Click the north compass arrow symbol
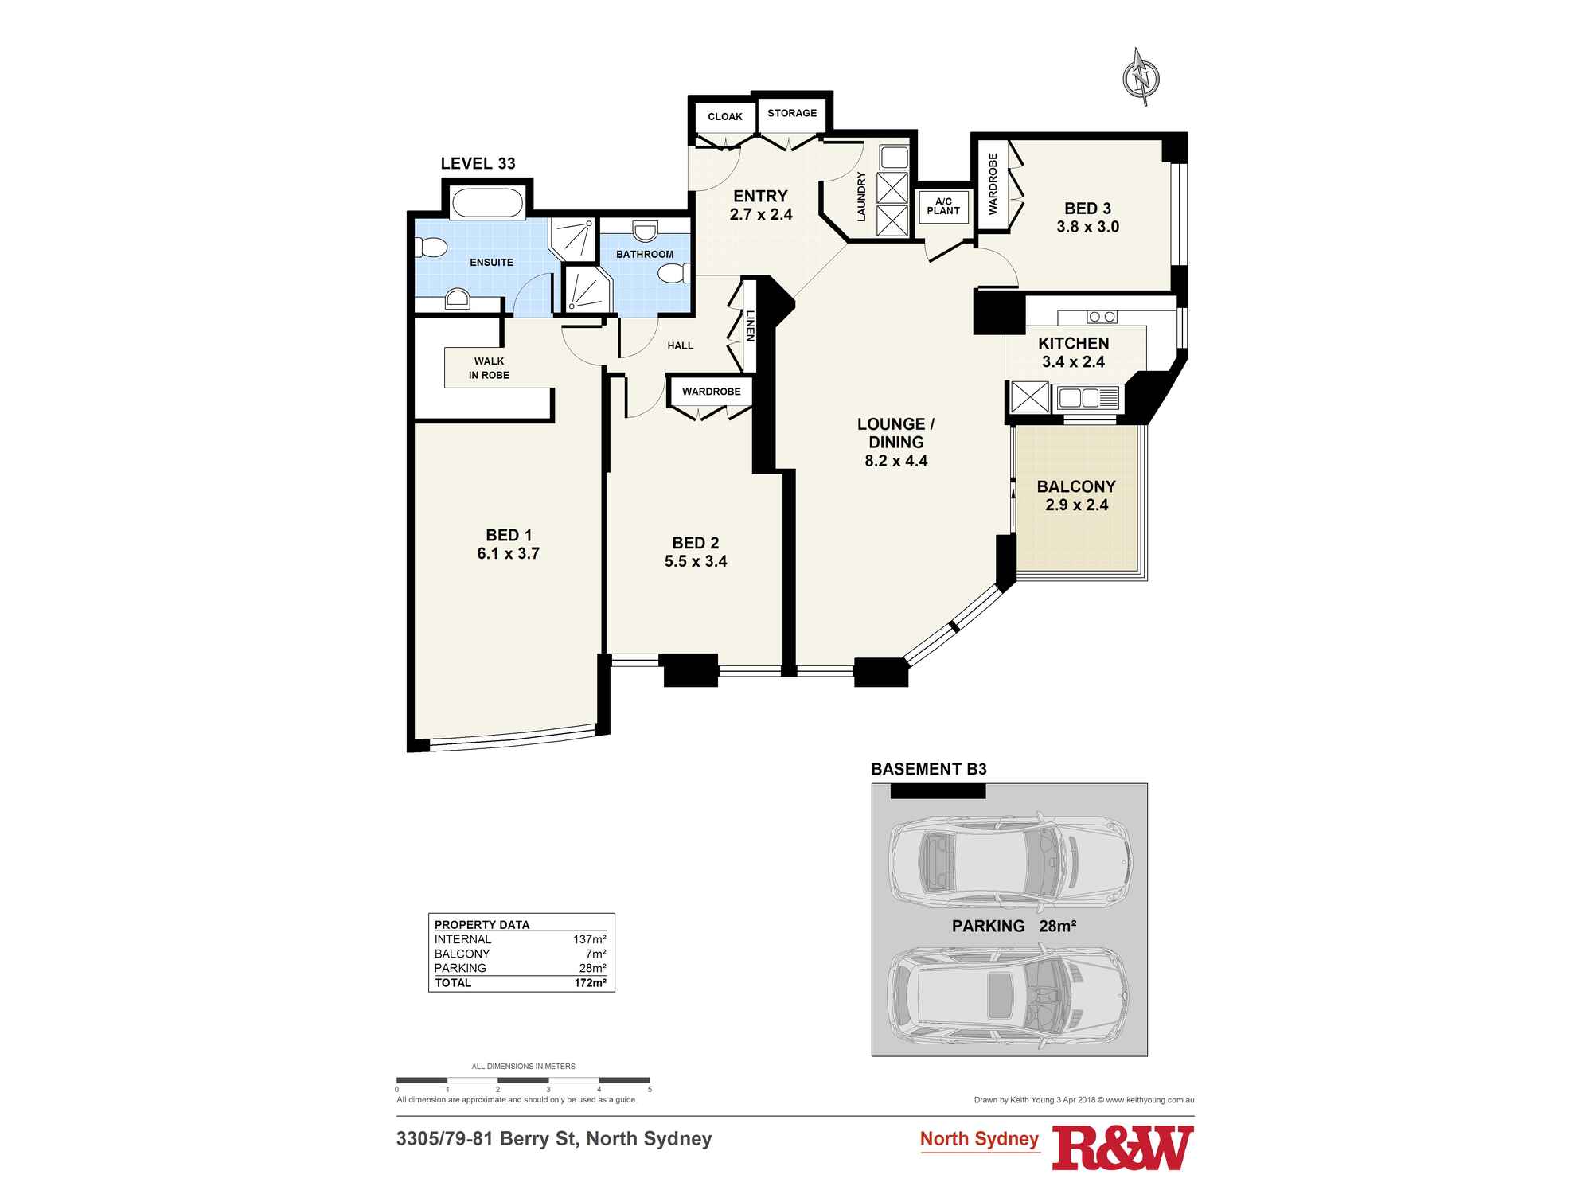(x=1141, y=77)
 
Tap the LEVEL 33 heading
(x=478, y=163)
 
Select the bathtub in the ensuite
(x=488, y=202)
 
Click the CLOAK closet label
(x=725, y=116)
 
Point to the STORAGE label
(x=792, y=113)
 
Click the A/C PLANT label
(x=943, y=206)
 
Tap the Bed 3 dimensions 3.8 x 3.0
(x=1087, y=227)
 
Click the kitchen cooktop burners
(x=1102, y=317)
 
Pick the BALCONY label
(x=1076, y=486)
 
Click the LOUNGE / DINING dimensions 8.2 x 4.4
(x=896, y=461)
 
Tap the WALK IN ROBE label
(x=489, y=368)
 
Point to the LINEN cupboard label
(x=749, y=326)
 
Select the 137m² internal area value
(x=590, y=939)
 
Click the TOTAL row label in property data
(x=453, y=983)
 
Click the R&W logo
(x=1123, y=1147)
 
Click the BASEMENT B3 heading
(x=929, y=769)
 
